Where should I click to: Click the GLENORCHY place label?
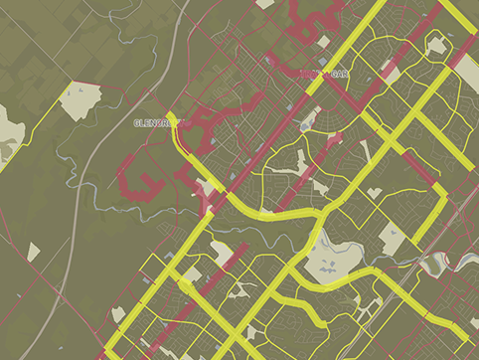click(x=159, y=122)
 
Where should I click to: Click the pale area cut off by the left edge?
click(x=9, y=130)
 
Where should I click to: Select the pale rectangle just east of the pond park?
click(x=390, y=238)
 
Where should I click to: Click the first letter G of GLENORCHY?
click(x=136, y=122)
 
